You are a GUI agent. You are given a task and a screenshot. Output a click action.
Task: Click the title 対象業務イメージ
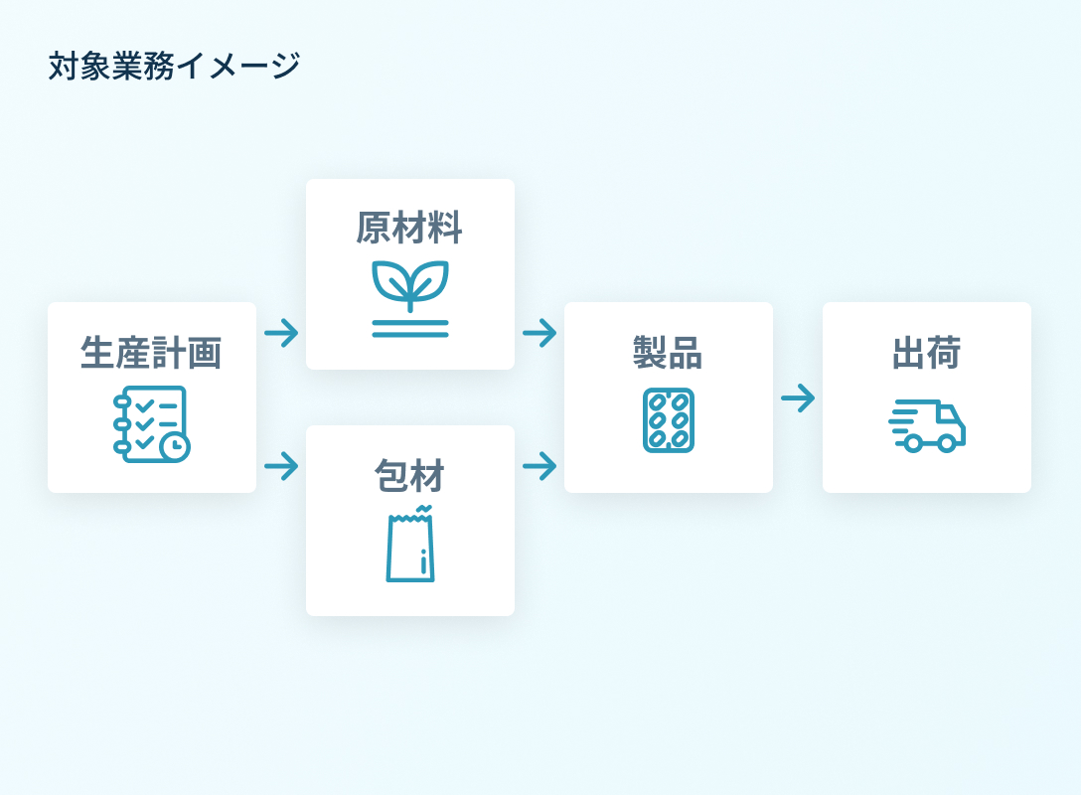174,67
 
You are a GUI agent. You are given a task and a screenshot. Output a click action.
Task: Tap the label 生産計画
151,353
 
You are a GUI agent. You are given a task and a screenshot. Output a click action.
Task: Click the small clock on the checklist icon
175,446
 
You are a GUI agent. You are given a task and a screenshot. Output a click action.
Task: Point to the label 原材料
409,229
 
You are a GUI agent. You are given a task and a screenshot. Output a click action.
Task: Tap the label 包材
409,476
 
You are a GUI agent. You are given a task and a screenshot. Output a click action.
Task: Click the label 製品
668,353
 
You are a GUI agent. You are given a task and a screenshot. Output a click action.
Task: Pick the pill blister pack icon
669,420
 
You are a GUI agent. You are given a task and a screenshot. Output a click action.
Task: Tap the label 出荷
926,353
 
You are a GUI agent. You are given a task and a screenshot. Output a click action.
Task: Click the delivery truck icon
927,426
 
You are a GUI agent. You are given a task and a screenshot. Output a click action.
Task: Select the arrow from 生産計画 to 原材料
281,333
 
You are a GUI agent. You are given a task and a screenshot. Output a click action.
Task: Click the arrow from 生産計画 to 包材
281,465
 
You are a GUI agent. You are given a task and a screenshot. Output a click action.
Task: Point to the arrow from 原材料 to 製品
540,333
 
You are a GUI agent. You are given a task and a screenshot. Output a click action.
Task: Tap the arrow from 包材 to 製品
540,465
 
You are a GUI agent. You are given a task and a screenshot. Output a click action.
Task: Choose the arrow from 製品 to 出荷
798,398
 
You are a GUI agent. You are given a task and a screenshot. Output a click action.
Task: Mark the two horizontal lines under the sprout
409,328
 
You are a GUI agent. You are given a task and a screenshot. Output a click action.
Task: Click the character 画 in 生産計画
205,353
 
